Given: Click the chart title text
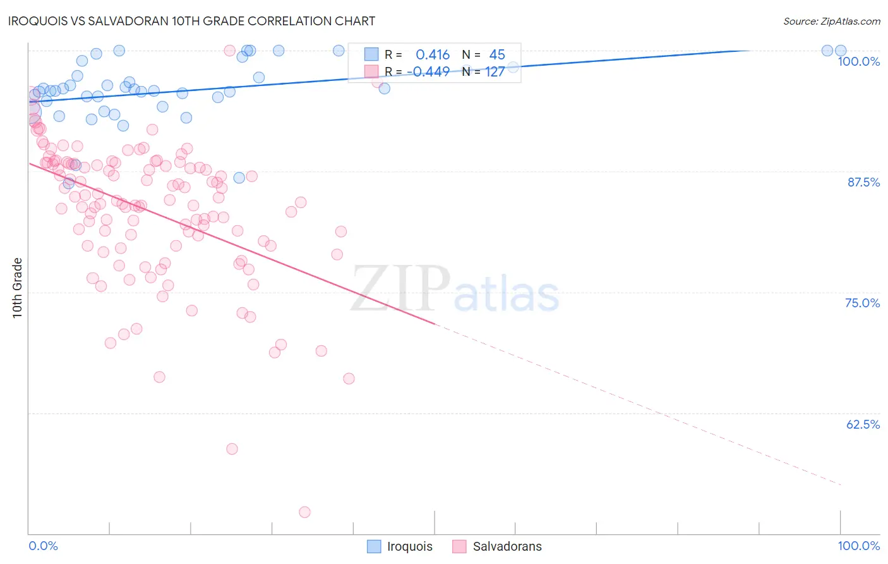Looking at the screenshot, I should [192, 21].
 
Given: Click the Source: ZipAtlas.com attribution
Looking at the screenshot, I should [831, 21].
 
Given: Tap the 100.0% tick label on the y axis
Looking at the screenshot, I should [858, 61].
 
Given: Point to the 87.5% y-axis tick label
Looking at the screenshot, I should [863, 182].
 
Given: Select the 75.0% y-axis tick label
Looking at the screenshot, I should [862, 303].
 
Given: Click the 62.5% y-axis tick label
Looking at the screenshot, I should [863, 424].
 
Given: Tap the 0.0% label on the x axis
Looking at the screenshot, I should [43, 546].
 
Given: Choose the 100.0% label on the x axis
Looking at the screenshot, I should [858, 546].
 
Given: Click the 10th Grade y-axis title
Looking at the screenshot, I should [18, 288].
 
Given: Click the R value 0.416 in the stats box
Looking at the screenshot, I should [433, 55].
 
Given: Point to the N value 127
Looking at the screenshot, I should [495, 71].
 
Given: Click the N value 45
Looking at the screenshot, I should [497, 55].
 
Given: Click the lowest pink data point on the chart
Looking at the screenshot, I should [304, 512].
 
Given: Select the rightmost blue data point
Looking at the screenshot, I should [841, 51].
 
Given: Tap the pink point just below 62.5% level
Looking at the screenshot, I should [232, 449].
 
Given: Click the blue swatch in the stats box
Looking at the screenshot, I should [371, 55].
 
